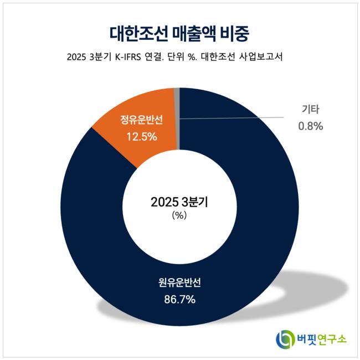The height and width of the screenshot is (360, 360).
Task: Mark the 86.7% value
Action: point(180,300)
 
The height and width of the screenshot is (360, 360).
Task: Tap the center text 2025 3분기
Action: point(179,202)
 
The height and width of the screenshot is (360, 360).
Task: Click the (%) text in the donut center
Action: point(179,216)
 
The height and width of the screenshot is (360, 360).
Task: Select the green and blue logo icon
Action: point(286,338)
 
